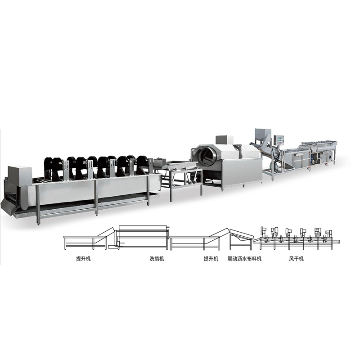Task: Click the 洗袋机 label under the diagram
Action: click(157, 259)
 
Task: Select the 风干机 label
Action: click(296, 259)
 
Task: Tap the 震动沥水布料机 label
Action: click(244, 259)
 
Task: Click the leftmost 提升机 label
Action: click(83, 259)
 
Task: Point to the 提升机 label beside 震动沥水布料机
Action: click(211, 259)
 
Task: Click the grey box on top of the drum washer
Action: click(224, 140)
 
